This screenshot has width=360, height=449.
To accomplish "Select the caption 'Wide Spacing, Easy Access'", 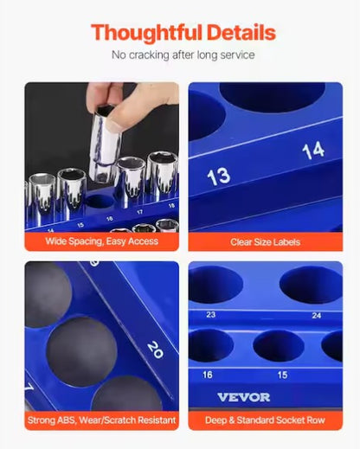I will (x=101, y=241).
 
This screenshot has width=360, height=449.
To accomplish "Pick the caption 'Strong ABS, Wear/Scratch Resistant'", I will (x=101, y=420).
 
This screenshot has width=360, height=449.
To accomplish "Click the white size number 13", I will (x=218, y=176).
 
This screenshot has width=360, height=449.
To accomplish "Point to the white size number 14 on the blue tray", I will (x=312, y=150).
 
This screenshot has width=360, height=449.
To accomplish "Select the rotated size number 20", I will (x=154, y=349).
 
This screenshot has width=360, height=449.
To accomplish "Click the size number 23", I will (x=210, y=315).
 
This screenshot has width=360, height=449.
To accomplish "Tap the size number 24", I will (x=318, y=315).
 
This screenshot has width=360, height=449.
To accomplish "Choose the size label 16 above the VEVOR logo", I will (x=209, y=375).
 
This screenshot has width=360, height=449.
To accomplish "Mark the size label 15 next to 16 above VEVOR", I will (x=282, y=375).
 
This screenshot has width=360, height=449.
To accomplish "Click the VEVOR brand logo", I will (x=244, y=397).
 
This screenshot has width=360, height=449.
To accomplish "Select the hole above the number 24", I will (x=312, y=285).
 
